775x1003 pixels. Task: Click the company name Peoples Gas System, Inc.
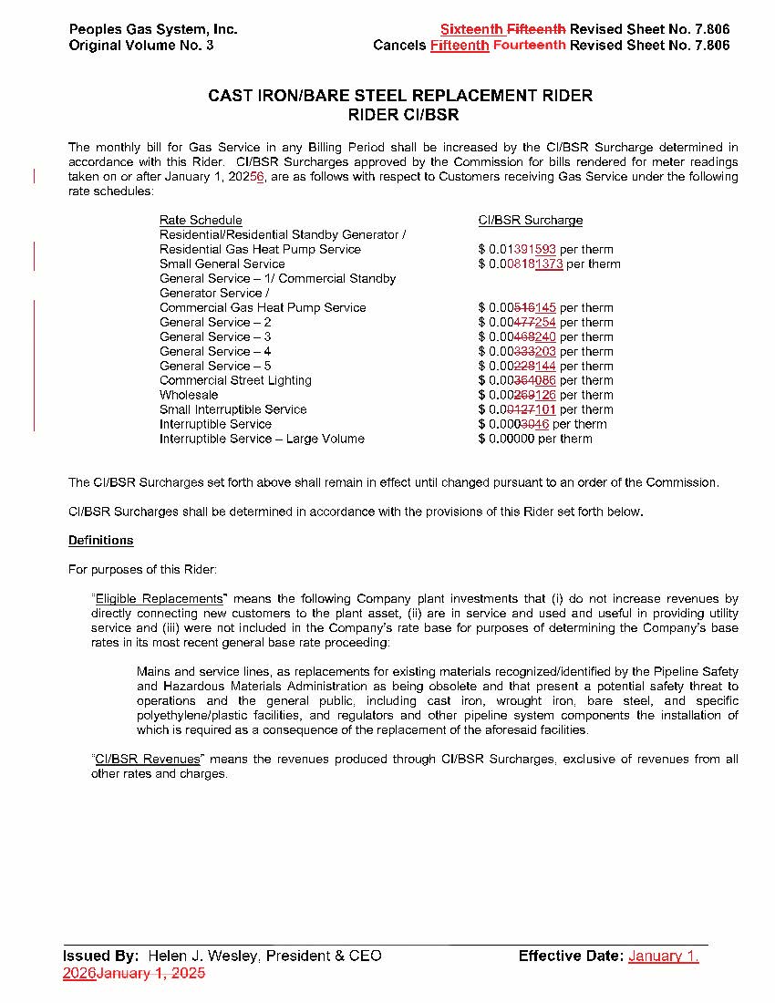153,29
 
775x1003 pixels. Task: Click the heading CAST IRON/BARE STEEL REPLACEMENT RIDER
400,96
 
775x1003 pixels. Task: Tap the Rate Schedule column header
201,220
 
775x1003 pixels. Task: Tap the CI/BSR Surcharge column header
531,220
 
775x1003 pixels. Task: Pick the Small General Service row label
222,264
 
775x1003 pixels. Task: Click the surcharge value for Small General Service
549,264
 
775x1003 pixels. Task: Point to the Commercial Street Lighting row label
235,380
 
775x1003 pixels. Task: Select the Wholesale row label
189,395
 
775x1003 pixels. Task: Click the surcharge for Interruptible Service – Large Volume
535,439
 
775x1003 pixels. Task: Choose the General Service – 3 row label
215,336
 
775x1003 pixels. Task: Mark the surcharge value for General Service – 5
545,366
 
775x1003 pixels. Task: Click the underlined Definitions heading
101,541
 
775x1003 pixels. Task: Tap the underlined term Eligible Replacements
159,598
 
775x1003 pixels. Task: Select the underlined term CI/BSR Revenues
148,759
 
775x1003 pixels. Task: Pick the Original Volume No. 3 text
141,46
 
